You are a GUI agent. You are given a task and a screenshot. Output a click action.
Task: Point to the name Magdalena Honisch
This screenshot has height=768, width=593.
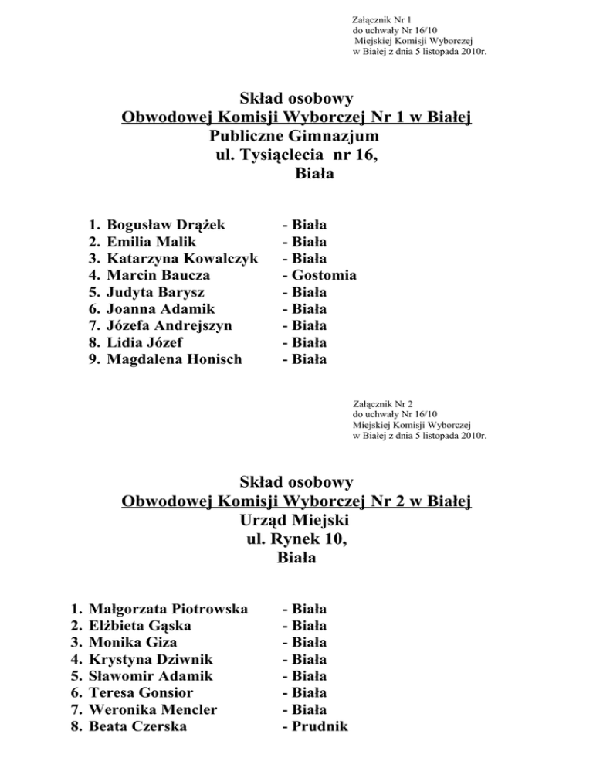(175, 359)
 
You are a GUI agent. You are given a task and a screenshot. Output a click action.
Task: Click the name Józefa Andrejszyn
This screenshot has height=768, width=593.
(171, 325)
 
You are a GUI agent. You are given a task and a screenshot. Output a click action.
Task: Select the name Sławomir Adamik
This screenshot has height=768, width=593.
(150, 675)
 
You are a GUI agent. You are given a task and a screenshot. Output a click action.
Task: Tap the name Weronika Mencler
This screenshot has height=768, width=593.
(154, 709)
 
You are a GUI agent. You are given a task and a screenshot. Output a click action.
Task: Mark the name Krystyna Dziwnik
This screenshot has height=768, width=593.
(152, 659)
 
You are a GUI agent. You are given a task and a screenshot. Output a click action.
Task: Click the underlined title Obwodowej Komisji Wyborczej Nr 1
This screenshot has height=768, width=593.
(296, 117)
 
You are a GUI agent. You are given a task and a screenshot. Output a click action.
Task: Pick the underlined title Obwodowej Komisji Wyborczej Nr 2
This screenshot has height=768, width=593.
(296, 501)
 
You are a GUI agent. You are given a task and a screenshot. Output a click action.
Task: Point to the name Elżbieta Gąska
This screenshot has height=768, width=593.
(141, 625)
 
